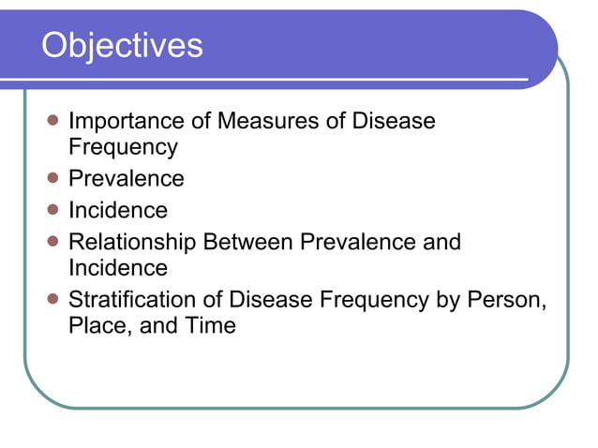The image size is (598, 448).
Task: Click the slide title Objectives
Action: (x=122, y=44)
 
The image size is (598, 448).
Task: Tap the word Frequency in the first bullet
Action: (x=123, y=147)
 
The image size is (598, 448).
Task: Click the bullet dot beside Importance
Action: (x=52, y=121)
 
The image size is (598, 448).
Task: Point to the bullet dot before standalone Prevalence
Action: (x=52, y=178)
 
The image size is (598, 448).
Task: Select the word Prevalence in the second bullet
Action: (x=127, y=178)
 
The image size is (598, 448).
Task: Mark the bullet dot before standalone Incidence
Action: (x=52, y=209)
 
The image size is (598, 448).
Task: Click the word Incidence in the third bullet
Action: (x=118, y=209)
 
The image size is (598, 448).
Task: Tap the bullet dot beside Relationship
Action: (x=52, y=241)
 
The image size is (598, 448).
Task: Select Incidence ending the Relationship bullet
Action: (x=118, y=267)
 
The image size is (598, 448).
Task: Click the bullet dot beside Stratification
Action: (x=52, y=300)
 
